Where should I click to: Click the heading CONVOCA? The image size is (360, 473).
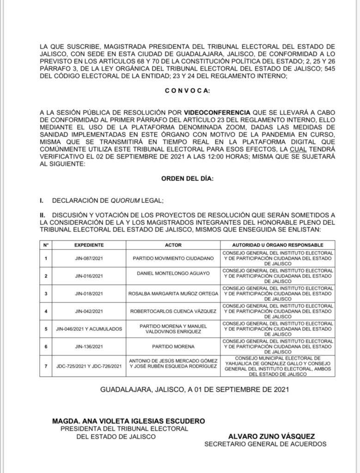[187, 91]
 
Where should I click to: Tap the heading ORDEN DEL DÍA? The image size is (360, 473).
[187, 179]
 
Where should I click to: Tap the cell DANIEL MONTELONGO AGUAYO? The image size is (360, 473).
[173, 273]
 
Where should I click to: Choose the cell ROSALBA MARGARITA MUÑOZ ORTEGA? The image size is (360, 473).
[173, 293]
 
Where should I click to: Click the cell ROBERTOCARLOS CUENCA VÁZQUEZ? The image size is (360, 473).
[173, 311]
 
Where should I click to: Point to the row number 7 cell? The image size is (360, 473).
[46, 367]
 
